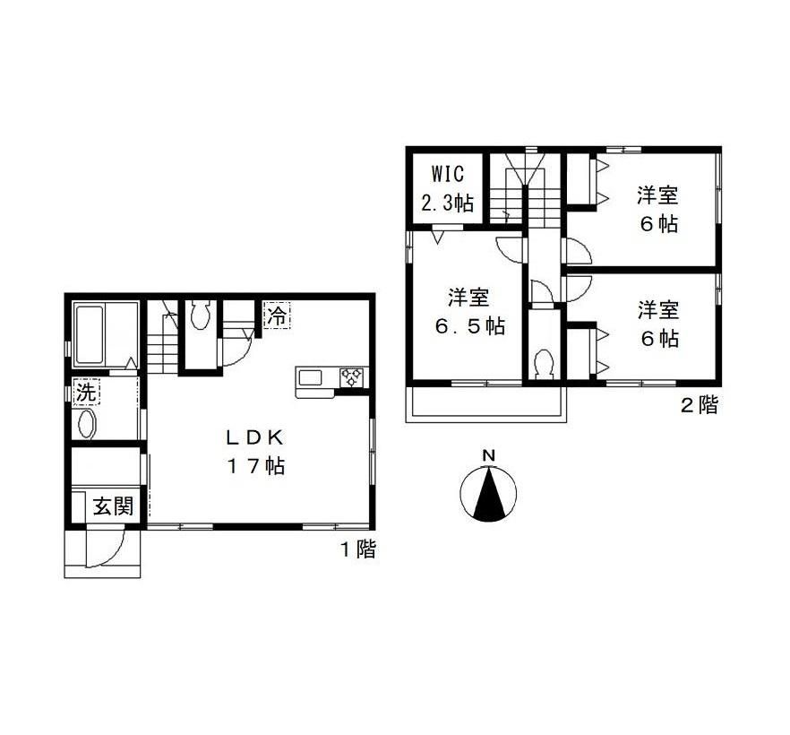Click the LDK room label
(x=255, y=437)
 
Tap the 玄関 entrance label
(x=114, y=506)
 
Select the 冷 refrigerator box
(x=277, y=316)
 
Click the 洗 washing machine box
(x=87, y=393)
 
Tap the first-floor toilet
(x=201, y=316)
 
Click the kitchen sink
(x=310, y=377)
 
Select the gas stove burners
(x=352, y=377)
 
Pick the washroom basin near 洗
(x=86, y=424)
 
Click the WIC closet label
(x=448, y=174)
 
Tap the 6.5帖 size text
(x=469, y=326)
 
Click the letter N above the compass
(x=489, y=455)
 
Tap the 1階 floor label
(x=358, y=549)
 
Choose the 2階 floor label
(x=700, y=405)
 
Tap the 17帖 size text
(x=255, y=466)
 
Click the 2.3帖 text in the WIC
(x=448, y=203)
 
